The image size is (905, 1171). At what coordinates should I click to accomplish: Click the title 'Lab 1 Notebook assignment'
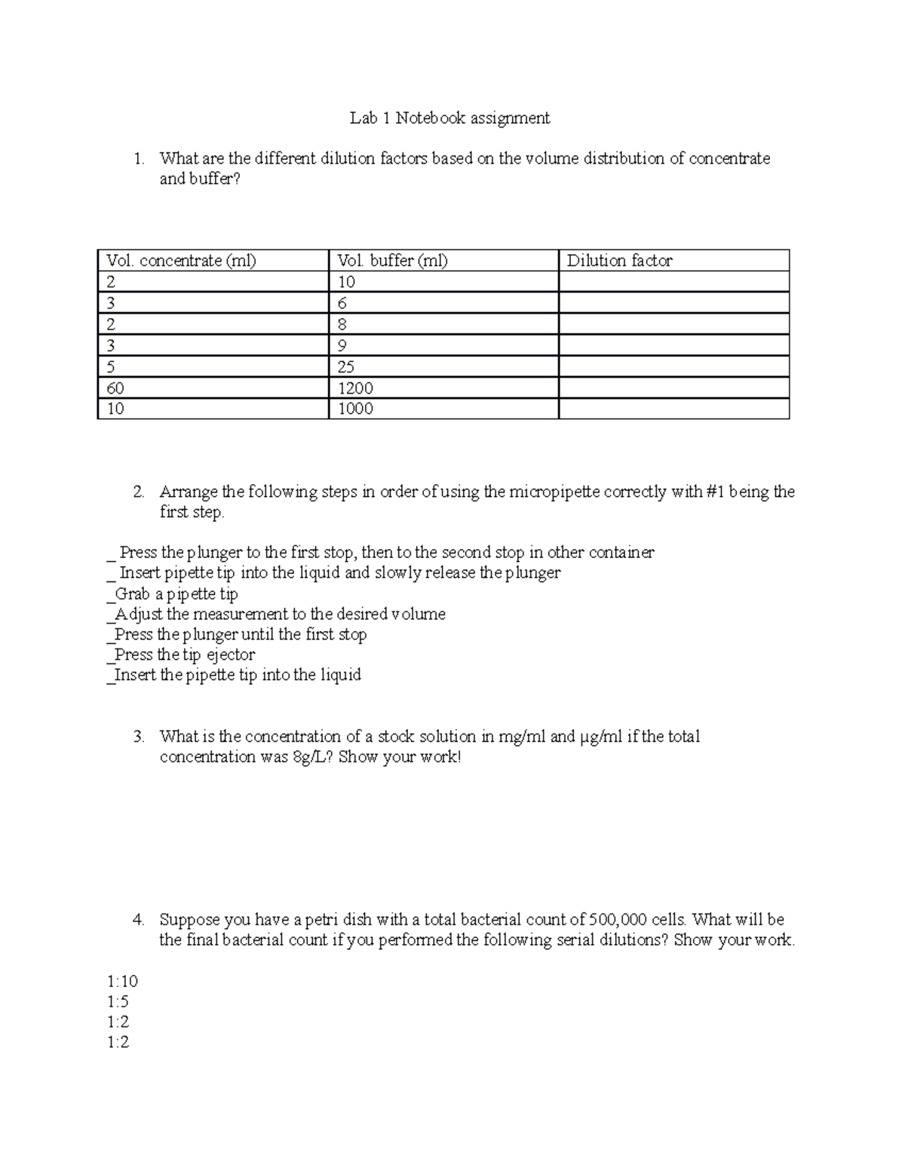449,118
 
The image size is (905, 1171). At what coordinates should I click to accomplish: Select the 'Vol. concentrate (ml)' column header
181,261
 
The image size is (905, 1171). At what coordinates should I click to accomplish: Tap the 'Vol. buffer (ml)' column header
392,261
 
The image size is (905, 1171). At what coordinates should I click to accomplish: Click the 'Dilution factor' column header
619,261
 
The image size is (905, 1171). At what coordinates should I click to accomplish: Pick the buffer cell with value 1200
355,388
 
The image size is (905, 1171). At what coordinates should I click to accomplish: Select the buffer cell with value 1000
355,409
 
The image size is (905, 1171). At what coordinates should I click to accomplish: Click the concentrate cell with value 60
115,388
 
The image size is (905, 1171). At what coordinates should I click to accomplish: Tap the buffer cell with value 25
346,367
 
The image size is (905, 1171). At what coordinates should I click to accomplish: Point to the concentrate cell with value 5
111,367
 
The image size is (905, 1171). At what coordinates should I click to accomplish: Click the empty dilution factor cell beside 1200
673,388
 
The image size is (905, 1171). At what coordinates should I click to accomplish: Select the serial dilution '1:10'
122,981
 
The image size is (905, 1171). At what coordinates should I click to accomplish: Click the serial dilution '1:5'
118,1001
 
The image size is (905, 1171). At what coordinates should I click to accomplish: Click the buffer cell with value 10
346,282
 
